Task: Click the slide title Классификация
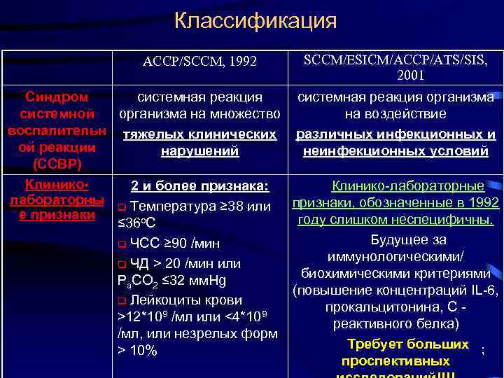coord(255,20)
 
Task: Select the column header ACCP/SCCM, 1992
coord(199,62)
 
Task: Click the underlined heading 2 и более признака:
coord(199,186)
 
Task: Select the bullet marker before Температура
coord(122,206)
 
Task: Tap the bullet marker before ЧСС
coord(122,245)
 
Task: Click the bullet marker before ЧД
coord(122,265)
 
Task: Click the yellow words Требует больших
coord(408,344)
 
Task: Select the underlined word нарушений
coord(199,150)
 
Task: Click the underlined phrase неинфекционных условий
coord(396,150)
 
